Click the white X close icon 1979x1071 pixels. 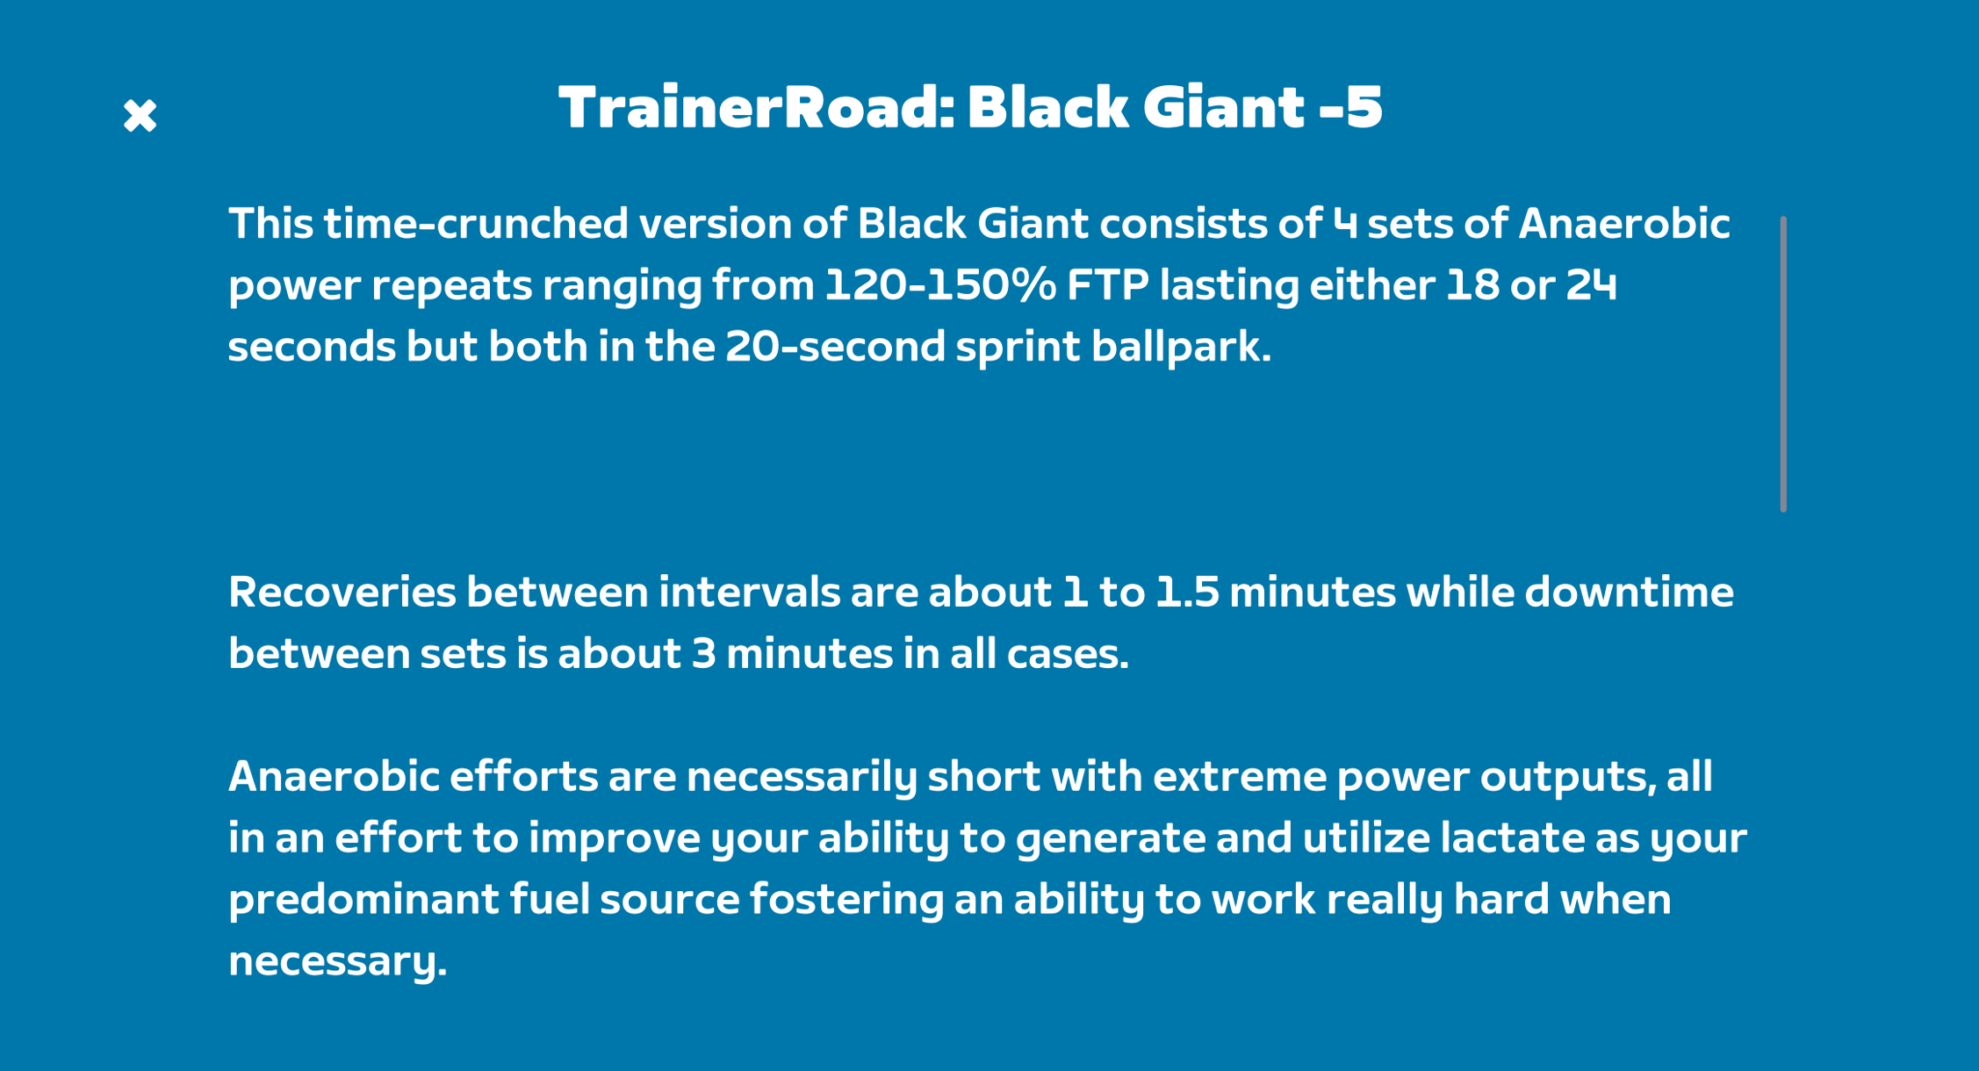point(140,116)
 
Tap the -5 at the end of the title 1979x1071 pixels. point(1351,107)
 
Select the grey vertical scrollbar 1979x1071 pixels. point(1783,364)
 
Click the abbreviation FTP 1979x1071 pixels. point(1107,285)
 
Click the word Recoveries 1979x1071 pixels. point(341,593)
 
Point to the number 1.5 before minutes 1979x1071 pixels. point(1187,593)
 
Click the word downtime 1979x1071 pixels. point(1628,593)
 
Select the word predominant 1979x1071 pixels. point(363,900)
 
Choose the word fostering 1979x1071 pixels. point(846,900)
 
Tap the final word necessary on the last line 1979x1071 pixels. point(336,962)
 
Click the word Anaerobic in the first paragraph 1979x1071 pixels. point(1624,224)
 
